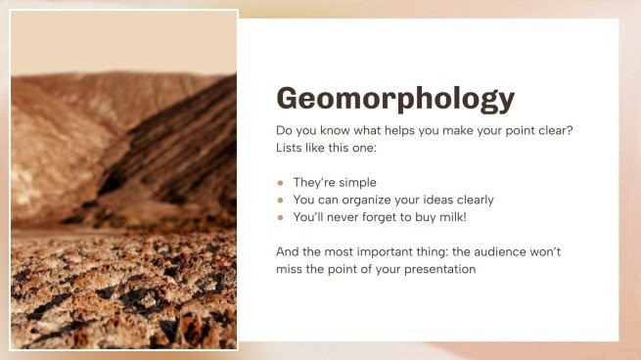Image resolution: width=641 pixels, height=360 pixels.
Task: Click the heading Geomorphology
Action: (x=395, y=99)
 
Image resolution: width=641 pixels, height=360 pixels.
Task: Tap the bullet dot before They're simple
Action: (x=280, y=182)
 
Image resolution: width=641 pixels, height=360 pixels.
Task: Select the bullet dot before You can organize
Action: (x=280, y=200)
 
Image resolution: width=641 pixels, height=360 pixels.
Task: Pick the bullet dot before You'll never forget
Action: (x=280, y=217)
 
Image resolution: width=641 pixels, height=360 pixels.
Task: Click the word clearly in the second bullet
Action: (x=471, y=200)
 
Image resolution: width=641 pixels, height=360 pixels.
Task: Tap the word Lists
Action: (x=292, y=147)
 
